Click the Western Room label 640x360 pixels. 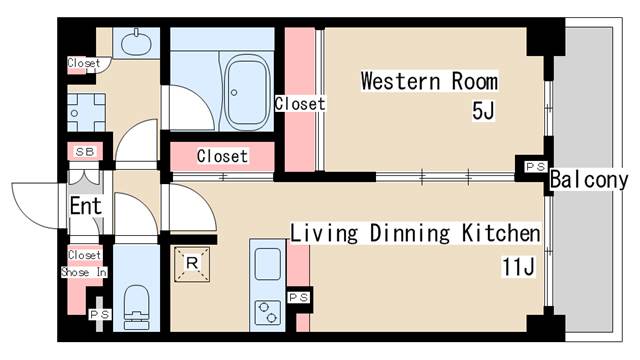pyautogui.click(x=429, y=81)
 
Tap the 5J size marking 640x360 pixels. pyautogui.click(x=483, y=110)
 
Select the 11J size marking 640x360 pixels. pyautogui.click(x=518, y=267)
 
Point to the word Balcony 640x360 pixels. pyautogui.click(x=589, y=180)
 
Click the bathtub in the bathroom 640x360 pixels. pyautogui.click(x=248, y=93)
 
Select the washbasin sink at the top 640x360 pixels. pyautogui.click(x=136, y=42)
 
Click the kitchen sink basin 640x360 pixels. pyautogui.click(x=267, y=264)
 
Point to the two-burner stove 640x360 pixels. pyautogui.click(x=268, y=312)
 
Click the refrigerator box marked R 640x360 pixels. pyautogui.click(x=192, y=264)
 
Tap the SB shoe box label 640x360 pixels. pyautogui.click(x=85, y=152)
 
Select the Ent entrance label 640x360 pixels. pyautogui.click(x=85, y=206)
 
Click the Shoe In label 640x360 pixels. pyautogui.click(x=84, y=272)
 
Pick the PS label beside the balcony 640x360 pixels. pyautogui.click(x=536, y=167)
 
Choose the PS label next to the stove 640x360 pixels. pyautogui.click(x=299, y=298)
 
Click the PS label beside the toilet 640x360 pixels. pyautogui.click(x=100, y=315)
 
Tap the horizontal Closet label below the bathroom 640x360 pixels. pyautogui.click(x=222, y=156)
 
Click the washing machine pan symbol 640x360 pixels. pyautogui.click(x=87, y=113)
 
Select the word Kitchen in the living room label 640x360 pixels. pyautogui.click(x=501, y=233)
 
